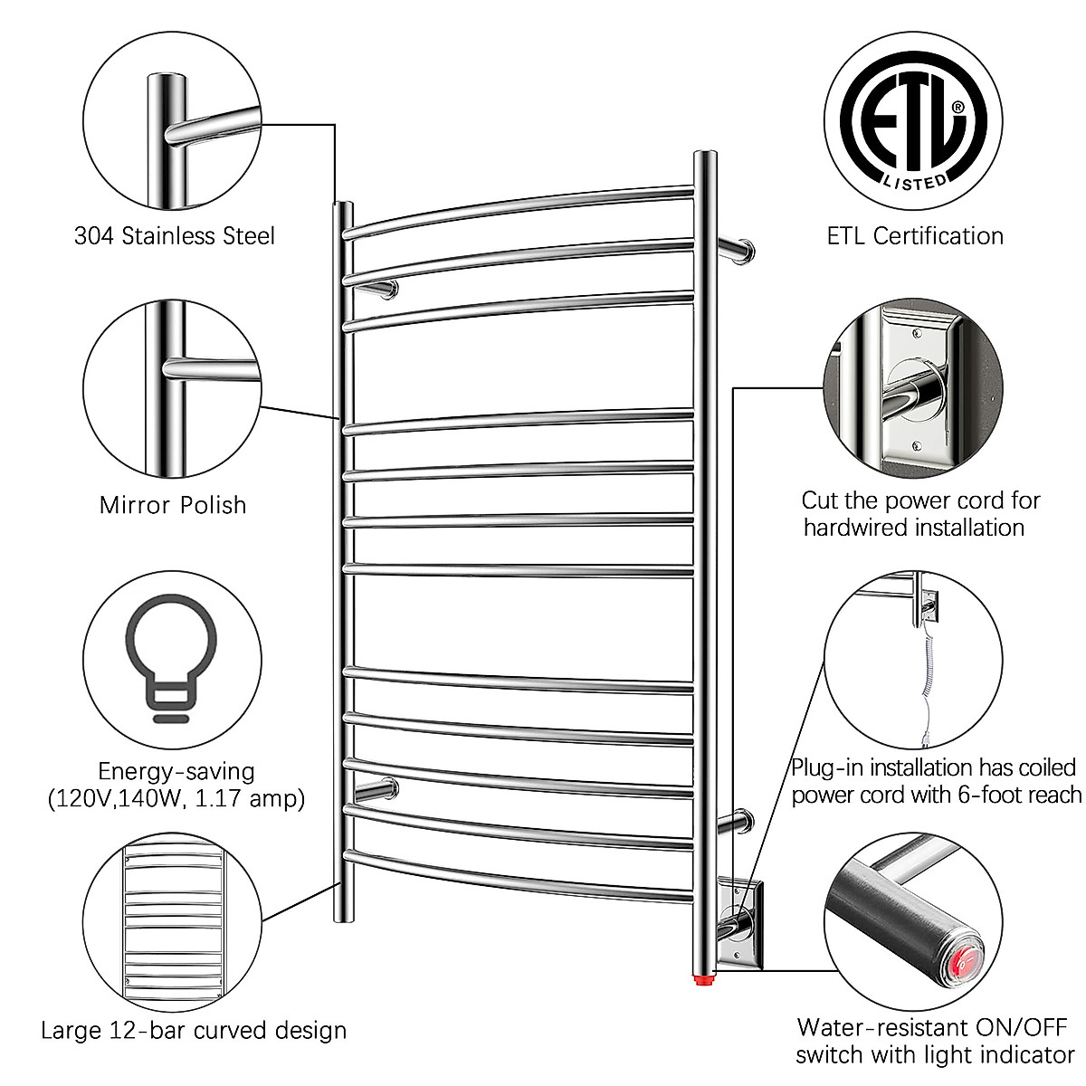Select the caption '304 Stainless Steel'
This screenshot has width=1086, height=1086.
174,236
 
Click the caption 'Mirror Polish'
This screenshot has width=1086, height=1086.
173,504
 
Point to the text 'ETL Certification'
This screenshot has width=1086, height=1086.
915,236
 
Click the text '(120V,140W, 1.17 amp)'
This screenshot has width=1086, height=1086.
176,799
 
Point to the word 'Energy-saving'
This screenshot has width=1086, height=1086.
176,772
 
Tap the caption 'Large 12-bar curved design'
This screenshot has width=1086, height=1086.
194,1030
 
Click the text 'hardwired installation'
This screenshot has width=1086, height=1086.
914,527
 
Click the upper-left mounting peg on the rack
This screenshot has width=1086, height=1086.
380,289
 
